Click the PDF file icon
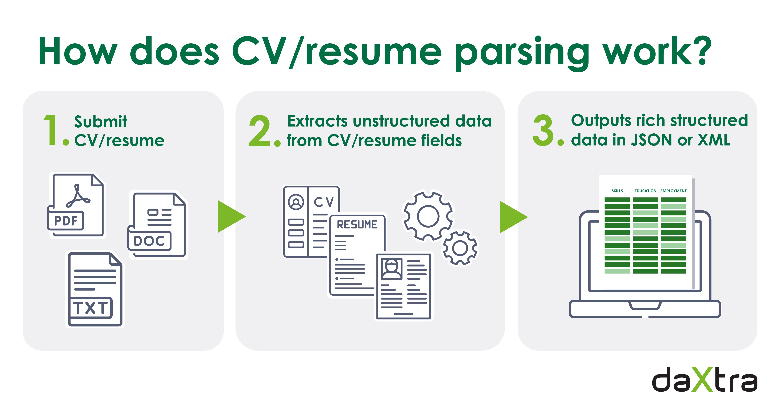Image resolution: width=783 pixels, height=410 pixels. click(x=76, y=205)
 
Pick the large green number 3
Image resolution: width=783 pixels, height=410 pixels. click(x=543, y=130)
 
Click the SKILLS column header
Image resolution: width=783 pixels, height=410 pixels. click(x=617, y=191)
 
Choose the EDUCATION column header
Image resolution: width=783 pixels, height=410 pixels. click(x=645, y=191)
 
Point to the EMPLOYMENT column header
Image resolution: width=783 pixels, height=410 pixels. click(x=673, y=191)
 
